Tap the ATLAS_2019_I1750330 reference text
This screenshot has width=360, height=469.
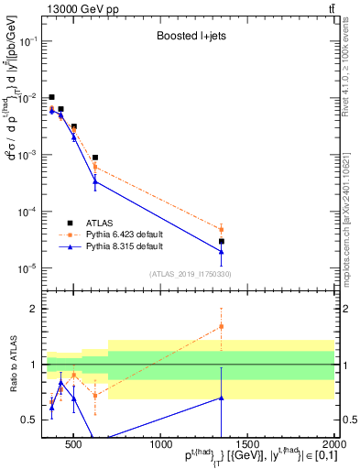(x=189, y=273)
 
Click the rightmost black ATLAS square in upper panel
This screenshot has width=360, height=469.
(x=222, y=242)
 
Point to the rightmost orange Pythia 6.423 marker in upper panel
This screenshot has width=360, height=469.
(x=222, y=230)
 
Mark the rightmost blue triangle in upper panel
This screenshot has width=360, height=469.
(x=222, y=251)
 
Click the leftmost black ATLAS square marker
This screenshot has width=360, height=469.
(x=52, y=97)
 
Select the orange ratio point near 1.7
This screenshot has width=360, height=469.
(x=222, y=326)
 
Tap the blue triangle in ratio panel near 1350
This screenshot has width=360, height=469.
(x=222, y=398)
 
